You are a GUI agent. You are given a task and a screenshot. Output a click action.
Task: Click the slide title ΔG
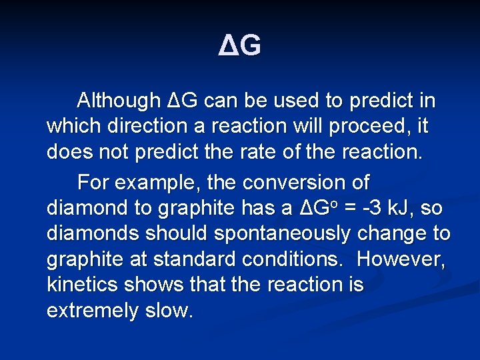240,45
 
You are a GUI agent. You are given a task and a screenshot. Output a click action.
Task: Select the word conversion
306,182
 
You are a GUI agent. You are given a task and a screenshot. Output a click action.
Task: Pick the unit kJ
403,207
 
